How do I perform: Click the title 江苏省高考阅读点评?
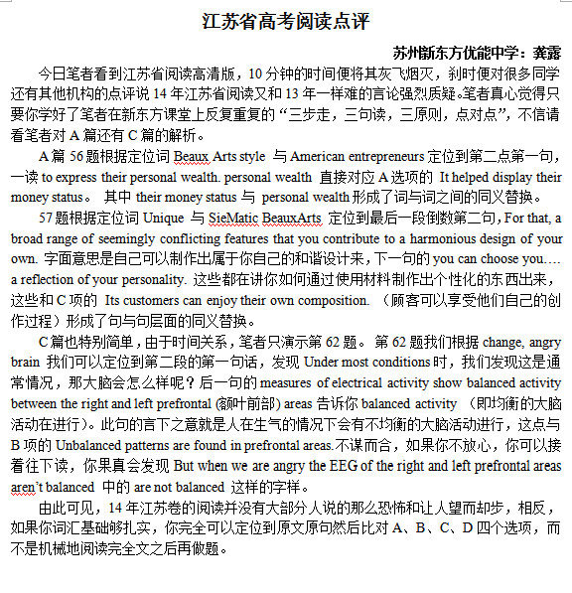coord(286,22)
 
